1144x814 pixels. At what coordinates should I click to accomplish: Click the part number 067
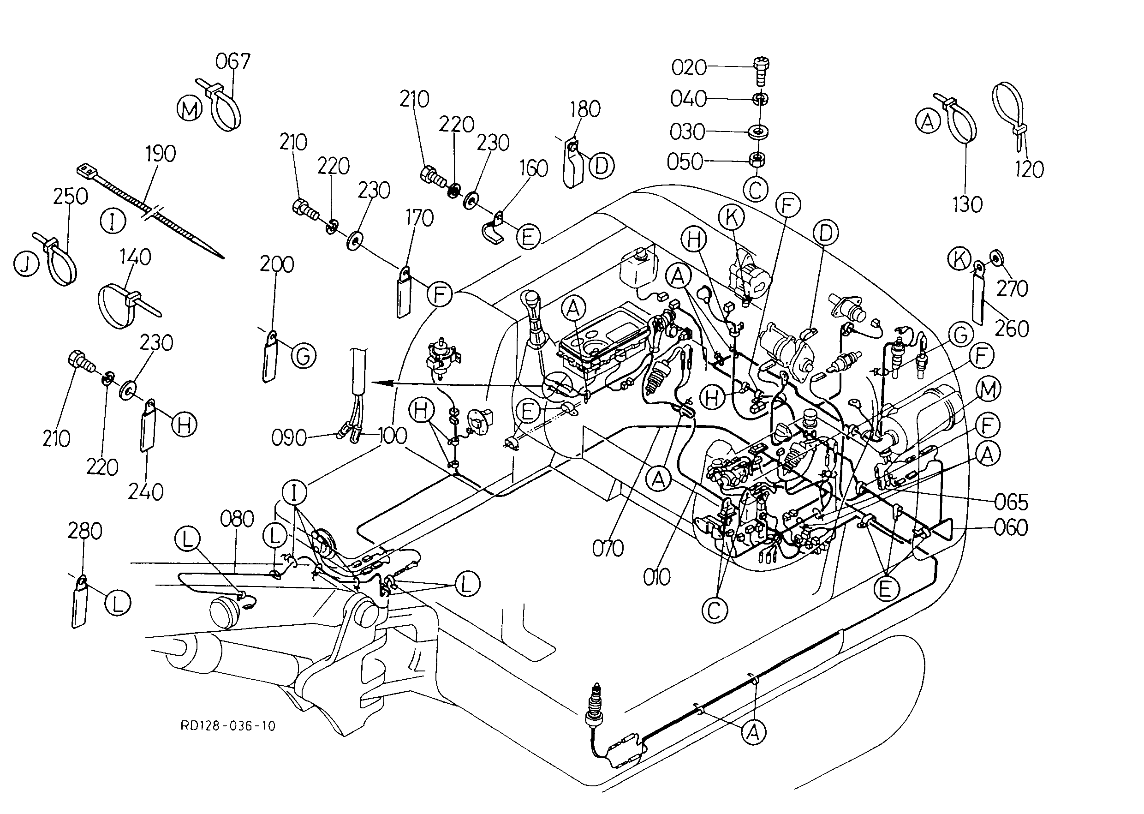click(232, 62)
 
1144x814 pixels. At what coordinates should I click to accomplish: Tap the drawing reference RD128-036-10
click(228, 726)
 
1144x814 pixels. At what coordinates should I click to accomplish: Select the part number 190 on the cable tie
click(161, 154)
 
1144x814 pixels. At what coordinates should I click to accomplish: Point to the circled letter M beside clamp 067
click(190, 109)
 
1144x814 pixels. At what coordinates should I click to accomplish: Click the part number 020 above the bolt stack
click(689, 68)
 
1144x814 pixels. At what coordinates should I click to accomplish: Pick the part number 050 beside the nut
click(685, 162)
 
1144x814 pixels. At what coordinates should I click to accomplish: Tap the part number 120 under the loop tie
click(1029, 170)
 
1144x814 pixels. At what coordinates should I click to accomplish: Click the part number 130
click(967, 204)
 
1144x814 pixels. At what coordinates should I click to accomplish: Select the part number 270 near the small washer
click(1012, 289)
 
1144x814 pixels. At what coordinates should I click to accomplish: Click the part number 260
click(1012, 329)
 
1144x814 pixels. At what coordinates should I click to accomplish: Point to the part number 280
click(85, 531)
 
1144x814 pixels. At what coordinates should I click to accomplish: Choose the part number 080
click(237, 519)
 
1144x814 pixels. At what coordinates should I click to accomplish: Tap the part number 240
click(146, 492)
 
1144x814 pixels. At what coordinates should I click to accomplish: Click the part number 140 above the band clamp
click(135, 257)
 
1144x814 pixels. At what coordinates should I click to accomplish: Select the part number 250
click(70, 197)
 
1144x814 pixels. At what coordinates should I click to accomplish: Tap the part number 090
click(289, 438)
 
